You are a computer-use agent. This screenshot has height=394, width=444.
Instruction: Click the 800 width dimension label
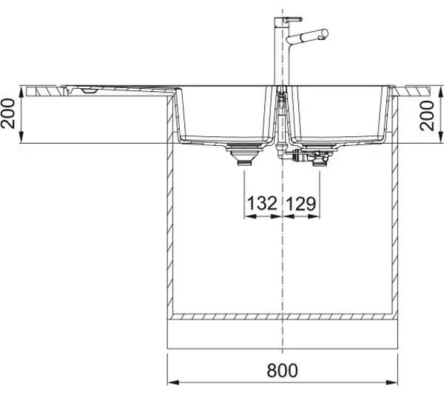[282, 370]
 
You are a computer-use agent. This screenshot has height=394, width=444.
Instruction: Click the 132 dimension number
[262, 203]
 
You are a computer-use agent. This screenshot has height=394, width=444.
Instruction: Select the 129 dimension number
[300, 204]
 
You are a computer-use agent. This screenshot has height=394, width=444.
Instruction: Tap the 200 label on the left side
[7, 113]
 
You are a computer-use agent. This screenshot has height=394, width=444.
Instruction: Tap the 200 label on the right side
[427, 116]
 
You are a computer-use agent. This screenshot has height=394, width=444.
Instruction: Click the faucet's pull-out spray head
[307, 36]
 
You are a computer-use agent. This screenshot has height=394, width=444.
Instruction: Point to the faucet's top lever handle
[289, 19]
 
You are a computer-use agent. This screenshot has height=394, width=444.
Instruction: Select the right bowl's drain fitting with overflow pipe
[310, 155]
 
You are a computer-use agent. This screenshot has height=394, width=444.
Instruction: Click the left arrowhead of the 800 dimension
[173, 382]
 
